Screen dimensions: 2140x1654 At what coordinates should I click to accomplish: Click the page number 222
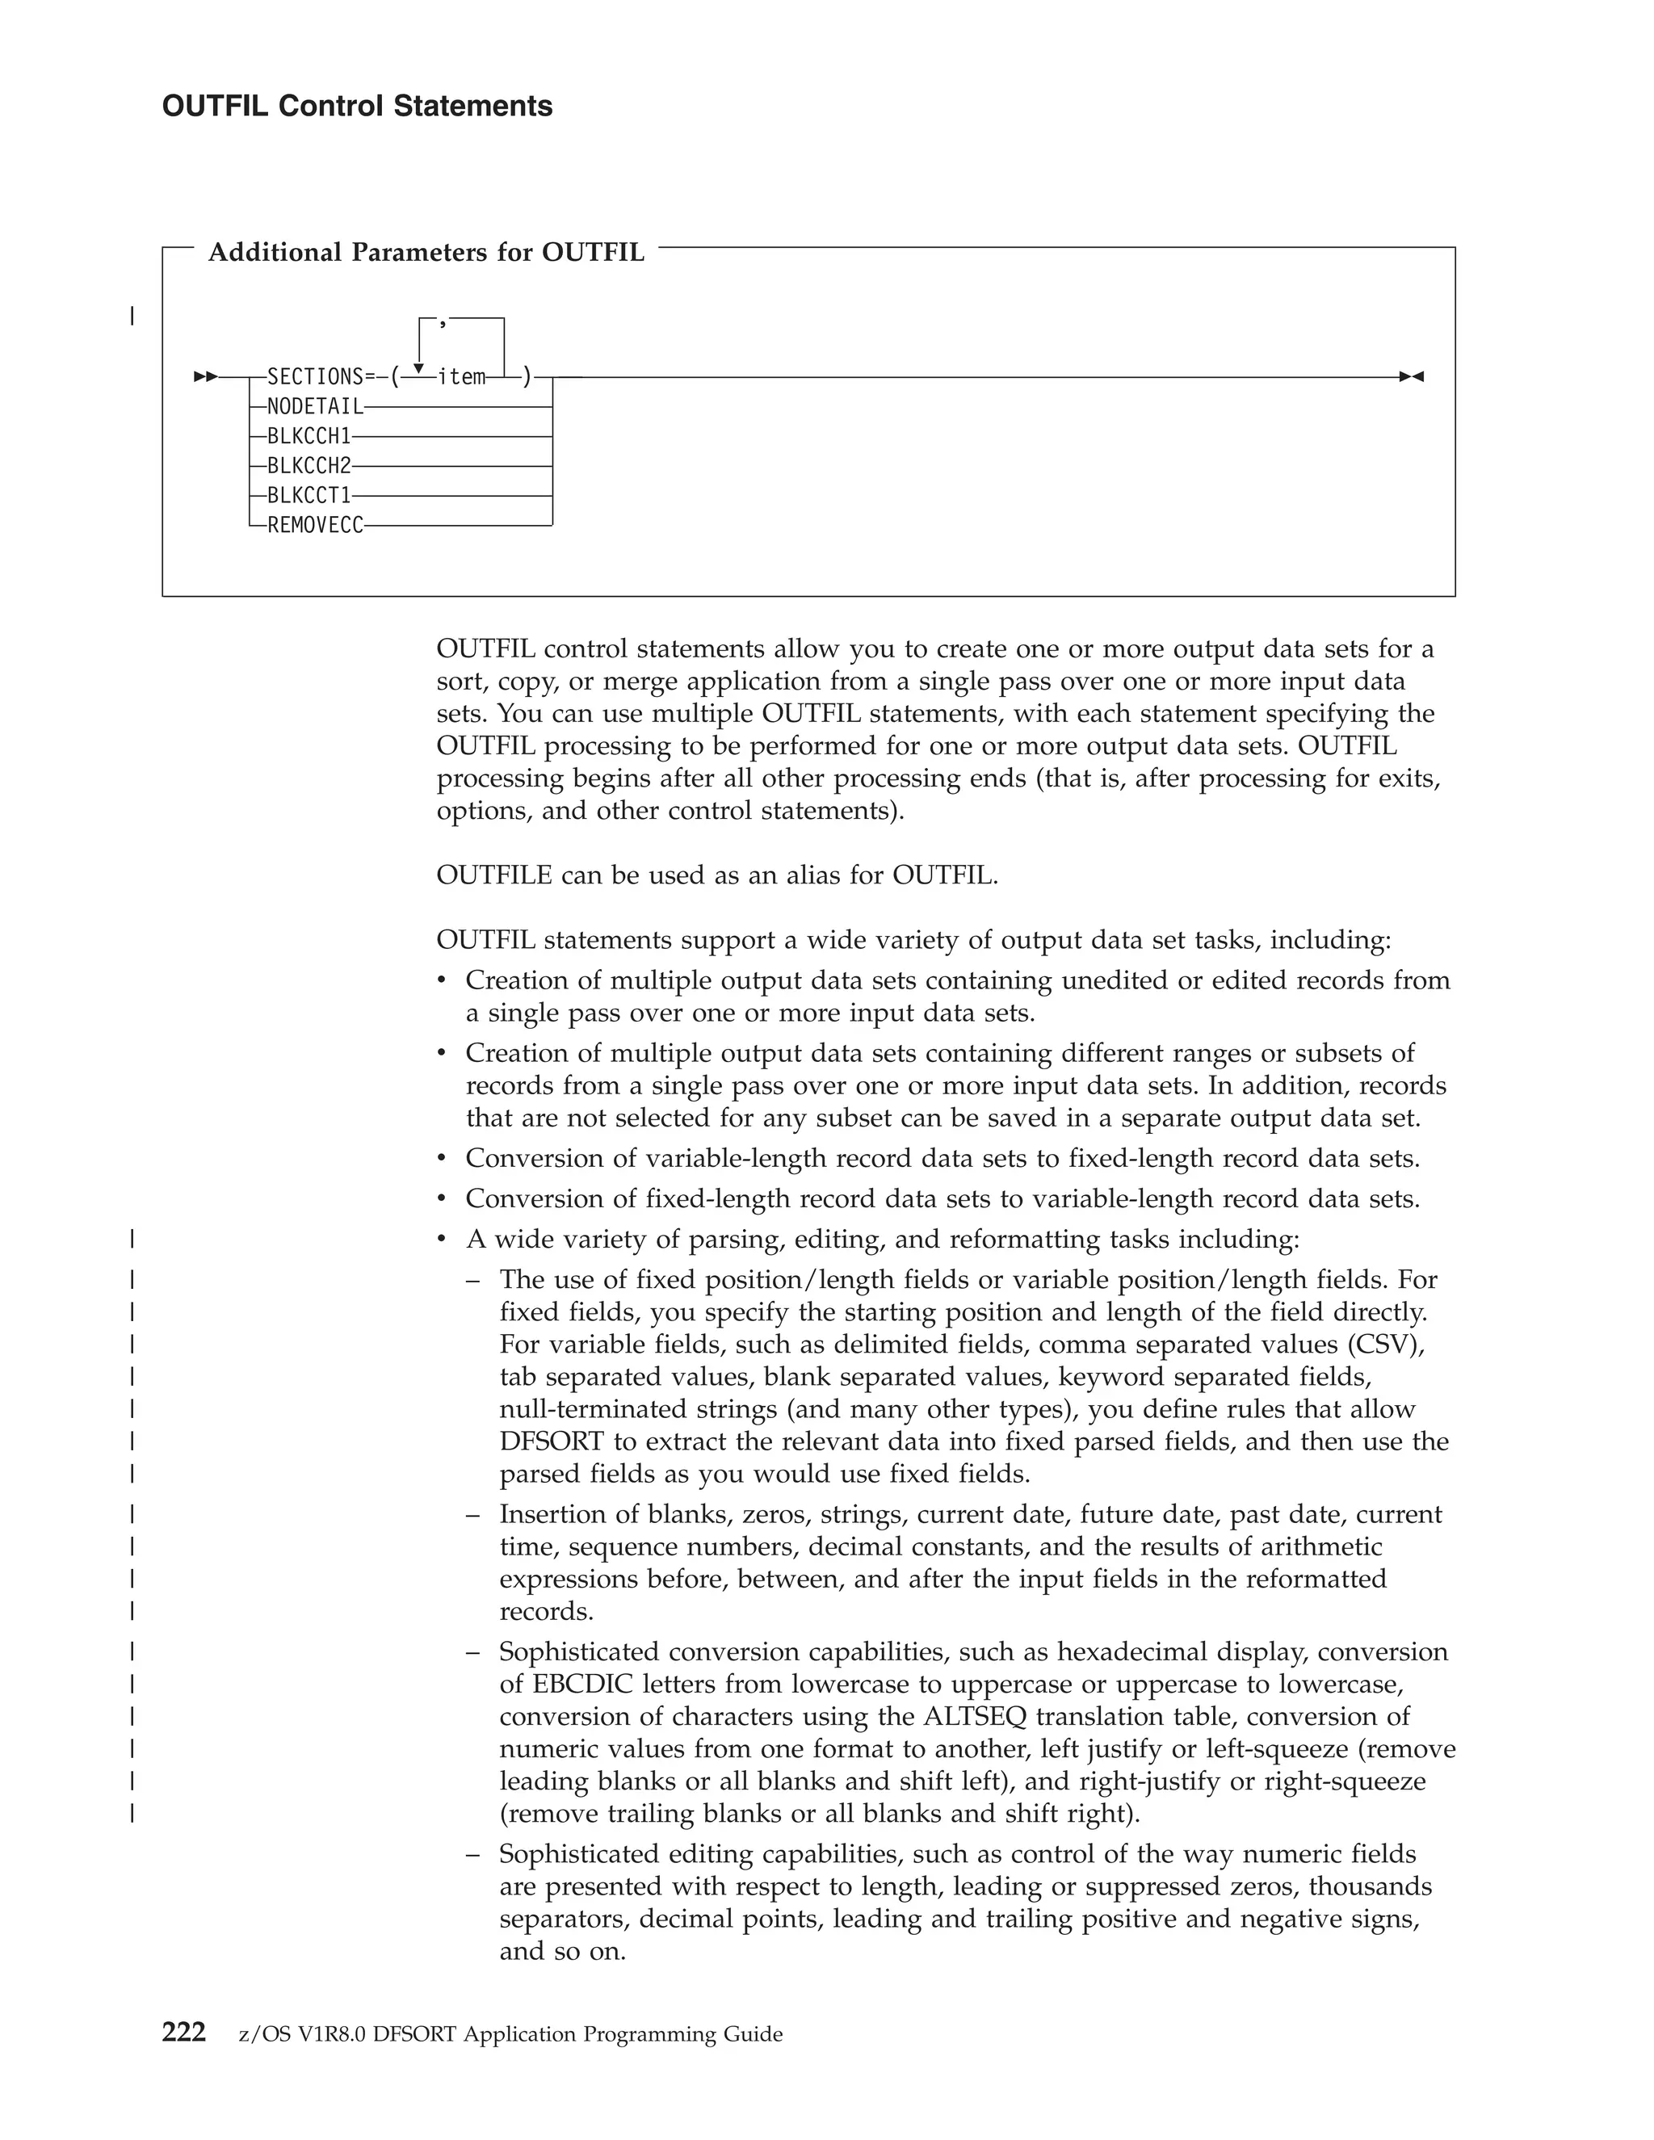tap(183, 2033)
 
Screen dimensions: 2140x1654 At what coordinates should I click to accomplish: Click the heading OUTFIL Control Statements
tap(357, 106)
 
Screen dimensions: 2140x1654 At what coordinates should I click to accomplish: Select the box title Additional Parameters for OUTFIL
tap(426, 253)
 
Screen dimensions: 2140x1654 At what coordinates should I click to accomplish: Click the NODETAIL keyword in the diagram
tap(314, 407)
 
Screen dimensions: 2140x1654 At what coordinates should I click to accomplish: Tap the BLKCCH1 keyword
tap(309, 436)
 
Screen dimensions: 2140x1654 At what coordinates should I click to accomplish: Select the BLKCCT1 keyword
tap(309, 496)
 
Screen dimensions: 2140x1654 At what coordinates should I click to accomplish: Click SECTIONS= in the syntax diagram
tap(321, 377)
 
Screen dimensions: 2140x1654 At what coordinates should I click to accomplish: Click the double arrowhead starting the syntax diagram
tap(206, 377)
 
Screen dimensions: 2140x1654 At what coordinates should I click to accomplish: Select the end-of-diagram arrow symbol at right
tap(1411, 377)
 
